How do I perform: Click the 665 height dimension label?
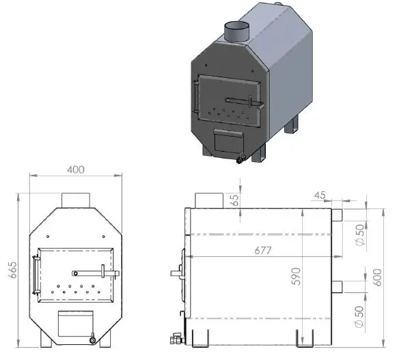coord(13,271)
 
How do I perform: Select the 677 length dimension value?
coord(261,251)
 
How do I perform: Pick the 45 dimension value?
coord(319,195)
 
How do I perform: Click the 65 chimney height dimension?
coord(236,199)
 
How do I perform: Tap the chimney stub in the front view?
coord(76,199)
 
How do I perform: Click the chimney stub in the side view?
coord(209,199)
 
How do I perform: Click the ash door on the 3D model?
coord(228,141)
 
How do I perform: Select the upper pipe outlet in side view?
coord(337,214)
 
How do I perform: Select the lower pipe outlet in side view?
coord(337,286)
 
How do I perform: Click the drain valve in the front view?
coord(92,337)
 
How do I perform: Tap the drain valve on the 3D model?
coord(240,161)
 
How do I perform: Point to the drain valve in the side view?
coord(176,337)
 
